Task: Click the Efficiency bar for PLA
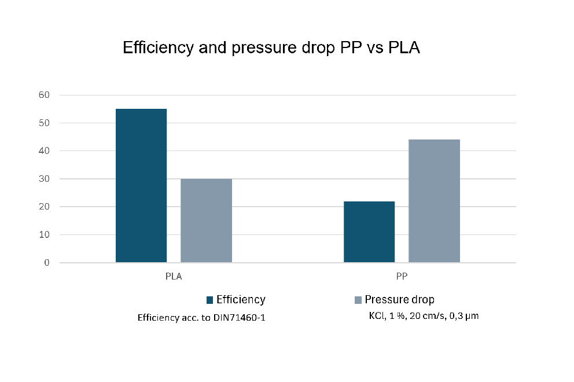coord(141,185)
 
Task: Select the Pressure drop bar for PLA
coord(206,221)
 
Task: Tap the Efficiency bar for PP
coord(369,232)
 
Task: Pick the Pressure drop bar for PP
coord(434,201)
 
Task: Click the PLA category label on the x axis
coord(174,277)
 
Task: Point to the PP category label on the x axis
coord(402,277)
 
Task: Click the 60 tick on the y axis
coord(45,95)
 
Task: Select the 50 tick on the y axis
coord(45,123)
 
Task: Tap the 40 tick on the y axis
coord(45,151)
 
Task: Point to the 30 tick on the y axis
coord(45,179)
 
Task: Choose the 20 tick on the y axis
coord(45,207)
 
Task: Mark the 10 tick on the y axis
coord(45,235)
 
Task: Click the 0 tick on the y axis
coord(47,263)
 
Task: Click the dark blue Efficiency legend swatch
coord(209,300)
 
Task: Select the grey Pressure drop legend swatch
coord(358,300)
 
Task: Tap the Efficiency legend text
coord(241,300)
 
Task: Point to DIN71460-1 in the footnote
coord(240,318)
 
